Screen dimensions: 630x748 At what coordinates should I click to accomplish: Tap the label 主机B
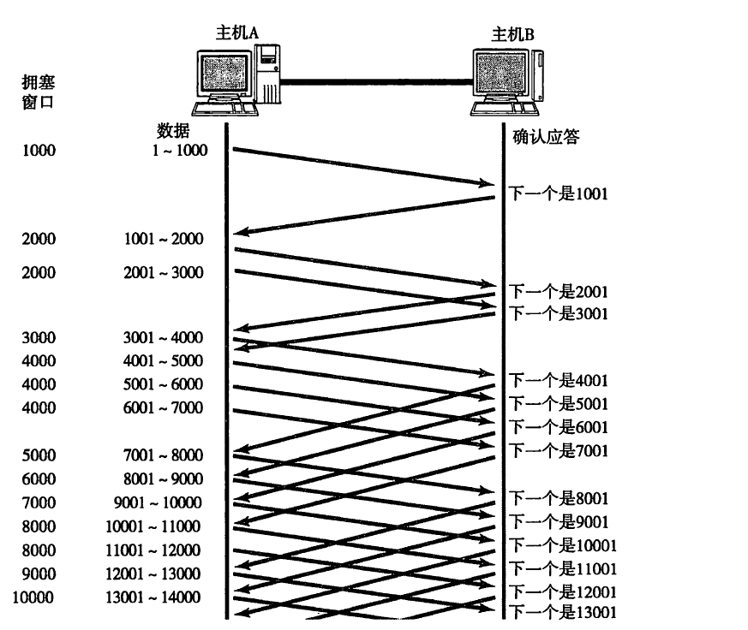pos(512,34)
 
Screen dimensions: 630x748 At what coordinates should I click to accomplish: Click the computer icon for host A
pos(236,80)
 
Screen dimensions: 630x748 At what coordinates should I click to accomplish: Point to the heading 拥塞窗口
pos(39,92)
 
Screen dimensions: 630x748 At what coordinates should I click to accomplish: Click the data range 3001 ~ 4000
pos(164,337)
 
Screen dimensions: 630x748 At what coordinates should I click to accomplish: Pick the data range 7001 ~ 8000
pos(164,455)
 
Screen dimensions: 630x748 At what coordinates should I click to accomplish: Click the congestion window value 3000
pos(39,337)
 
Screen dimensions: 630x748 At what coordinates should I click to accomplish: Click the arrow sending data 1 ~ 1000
pos(360,167)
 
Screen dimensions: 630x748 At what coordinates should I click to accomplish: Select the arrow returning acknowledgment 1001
pos(364,214)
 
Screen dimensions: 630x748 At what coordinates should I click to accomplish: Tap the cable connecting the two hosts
pos(377,82)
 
